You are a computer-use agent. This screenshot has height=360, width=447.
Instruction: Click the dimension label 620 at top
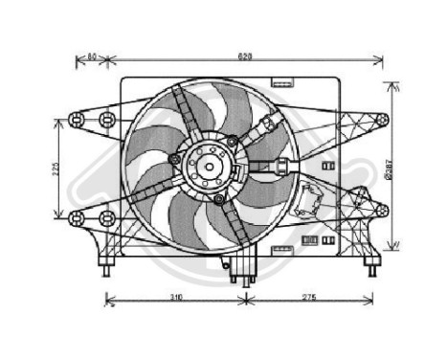pos(245,56)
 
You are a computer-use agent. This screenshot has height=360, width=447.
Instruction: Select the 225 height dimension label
pos(56,169)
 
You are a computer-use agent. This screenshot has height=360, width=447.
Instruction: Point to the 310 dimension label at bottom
pos(176,299)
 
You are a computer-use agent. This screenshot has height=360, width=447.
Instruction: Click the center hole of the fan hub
pos(209,169)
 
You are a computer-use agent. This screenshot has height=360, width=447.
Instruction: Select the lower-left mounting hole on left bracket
pos(75,218)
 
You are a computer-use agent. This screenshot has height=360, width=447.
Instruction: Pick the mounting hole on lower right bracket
pos(382,209)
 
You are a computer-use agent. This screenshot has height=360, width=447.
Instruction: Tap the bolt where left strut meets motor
pos(173,158)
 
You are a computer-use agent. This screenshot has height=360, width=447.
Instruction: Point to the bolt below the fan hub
pos(219,199)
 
